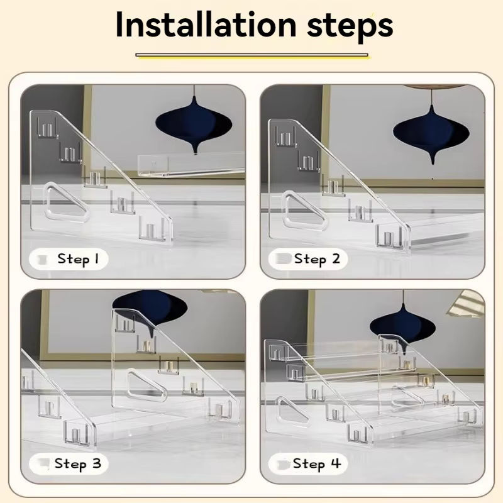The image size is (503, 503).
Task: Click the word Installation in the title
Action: click(x=206, y=25)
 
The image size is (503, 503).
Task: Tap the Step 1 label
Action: click(x=78, y=259)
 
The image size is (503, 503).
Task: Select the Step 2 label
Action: click(x=317, y=259)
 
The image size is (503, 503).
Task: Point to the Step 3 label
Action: click(x=77, y=463)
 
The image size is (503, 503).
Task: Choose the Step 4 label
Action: click(x=317, y=463)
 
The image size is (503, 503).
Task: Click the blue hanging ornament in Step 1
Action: click(x=194, y=123)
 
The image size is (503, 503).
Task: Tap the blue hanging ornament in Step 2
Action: click(x=431, y=133)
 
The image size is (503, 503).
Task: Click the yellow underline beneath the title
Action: click(x=252, y=56)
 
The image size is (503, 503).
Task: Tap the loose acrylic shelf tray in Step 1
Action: click(x=192, y=165)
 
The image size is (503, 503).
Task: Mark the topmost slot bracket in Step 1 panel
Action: click(x=47, y=128)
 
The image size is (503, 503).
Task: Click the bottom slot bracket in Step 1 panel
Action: click(x=152, y=229)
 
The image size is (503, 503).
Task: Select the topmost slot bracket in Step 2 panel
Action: click(x=285, y=136)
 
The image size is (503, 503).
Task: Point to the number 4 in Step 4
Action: click(x=335, y=463)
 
